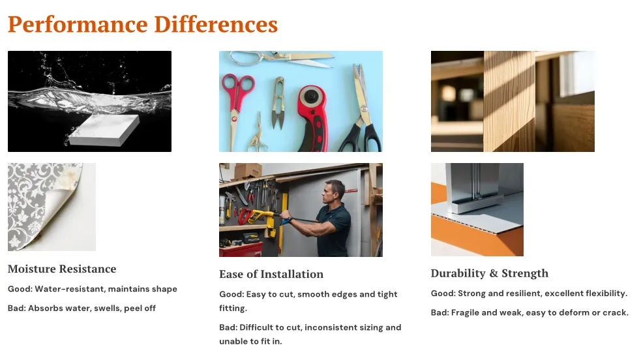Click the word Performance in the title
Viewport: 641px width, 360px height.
pyautogui.click(x=78, y=25)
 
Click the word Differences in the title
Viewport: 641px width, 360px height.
pyautogui.click(x=216, y=24)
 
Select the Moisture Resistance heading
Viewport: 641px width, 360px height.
pyautogui.click(x=62, y=269)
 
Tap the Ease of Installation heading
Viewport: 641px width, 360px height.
pyautogui.click(x=271, y=274)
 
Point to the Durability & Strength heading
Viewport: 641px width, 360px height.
pyautogui.click(x=489, y=273)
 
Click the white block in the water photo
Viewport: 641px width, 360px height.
pyautogui.click(x=104, y=130)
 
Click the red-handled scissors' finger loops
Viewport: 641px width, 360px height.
pyautogui.click(x=237, y=86)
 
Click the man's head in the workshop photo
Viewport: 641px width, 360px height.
pyautogui.click(x=335, y=192)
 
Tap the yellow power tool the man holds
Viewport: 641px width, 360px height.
pyautogui.click(x=261, y=217)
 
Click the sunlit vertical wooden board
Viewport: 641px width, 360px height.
pyautogui.click(x=509, y=101)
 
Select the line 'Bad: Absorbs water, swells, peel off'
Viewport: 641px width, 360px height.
pyautogui.click(x=82, y=308)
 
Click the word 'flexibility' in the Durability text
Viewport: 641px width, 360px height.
pyautogui.click(x=606, y=293)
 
